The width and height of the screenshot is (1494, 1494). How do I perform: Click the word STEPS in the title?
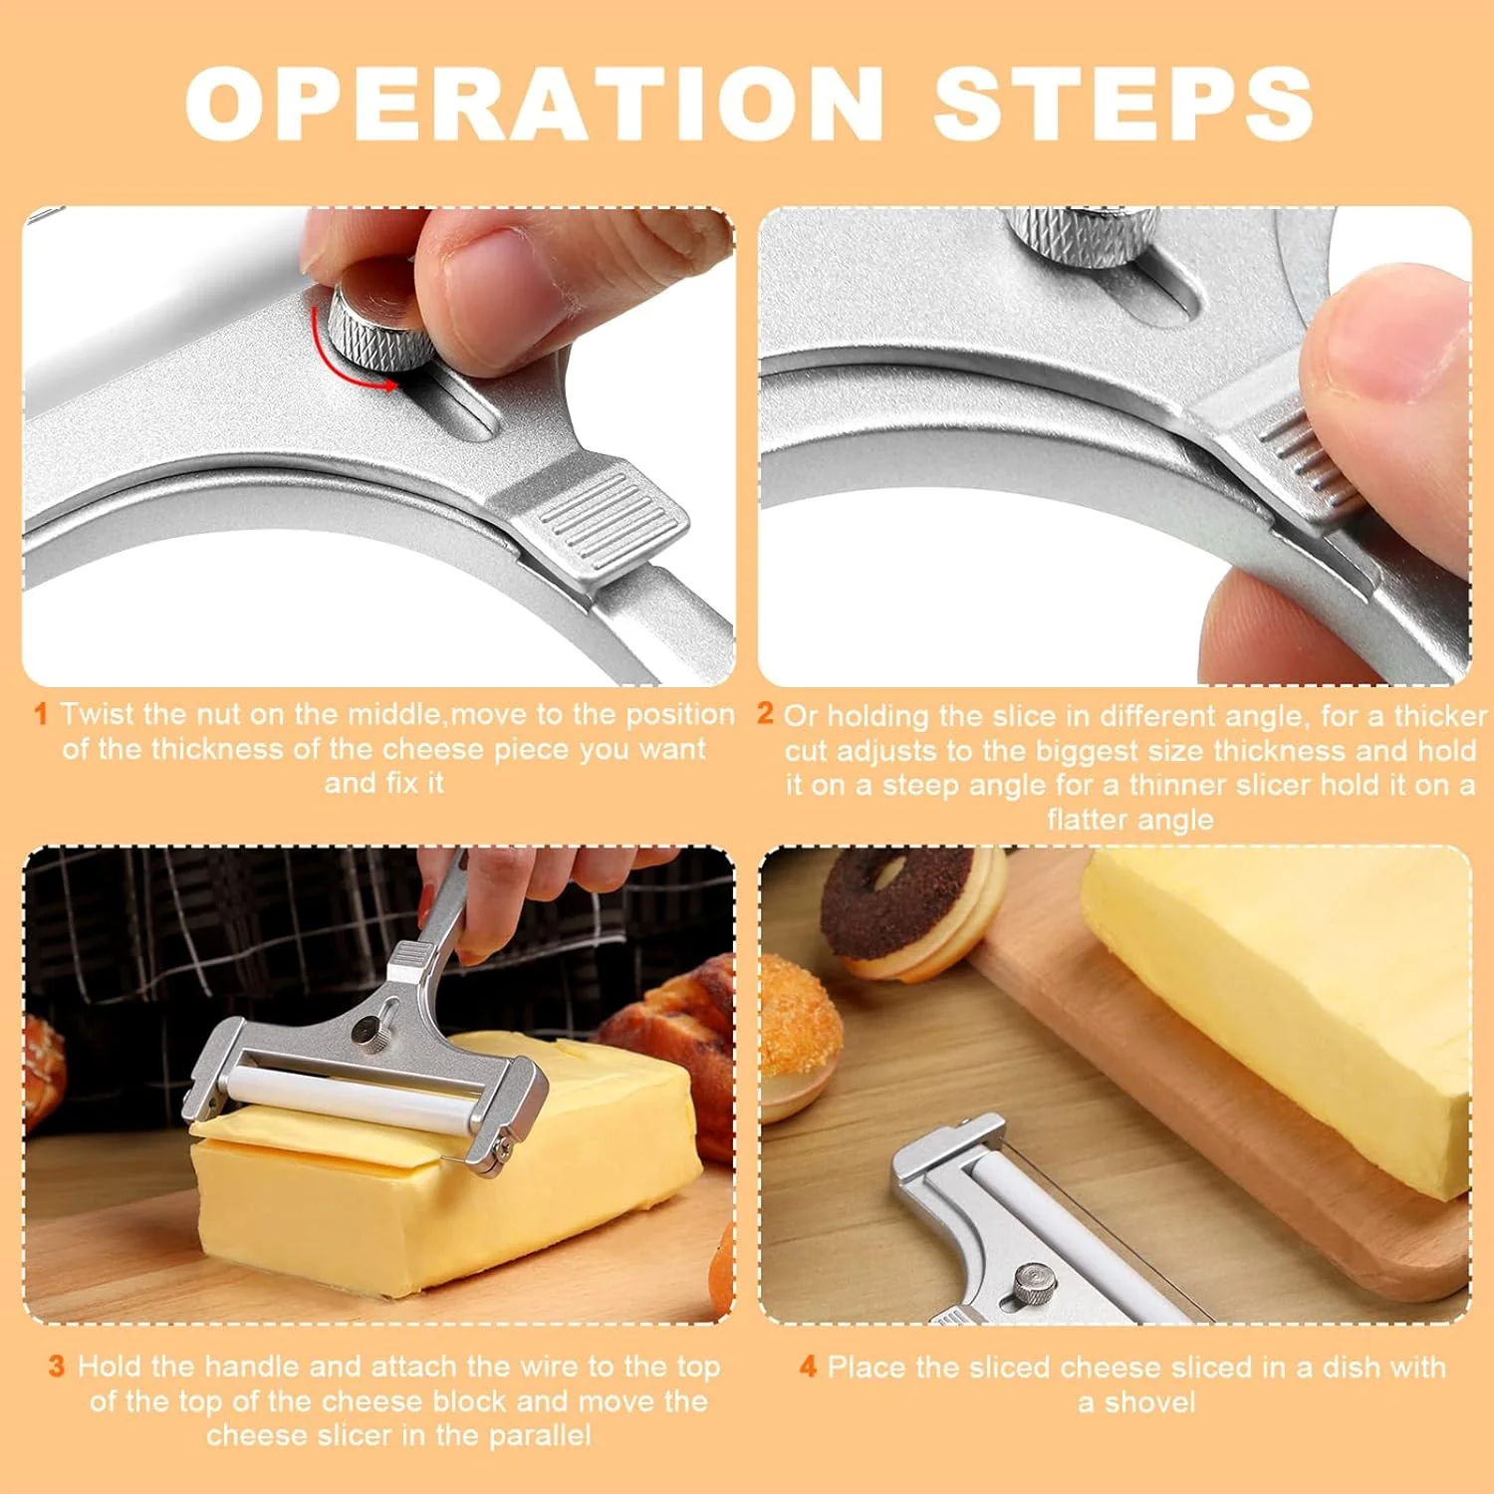click(1122, 104)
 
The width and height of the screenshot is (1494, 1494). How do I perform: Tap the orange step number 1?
click(41, 714)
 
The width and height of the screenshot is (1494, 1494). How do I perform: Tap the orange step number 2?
click(765, 713)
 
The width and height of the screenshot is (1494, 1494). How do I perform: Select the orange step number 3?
click(57, 1366)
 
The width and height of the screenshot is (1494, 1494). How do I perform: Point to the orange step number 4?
click(808, 1367)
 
